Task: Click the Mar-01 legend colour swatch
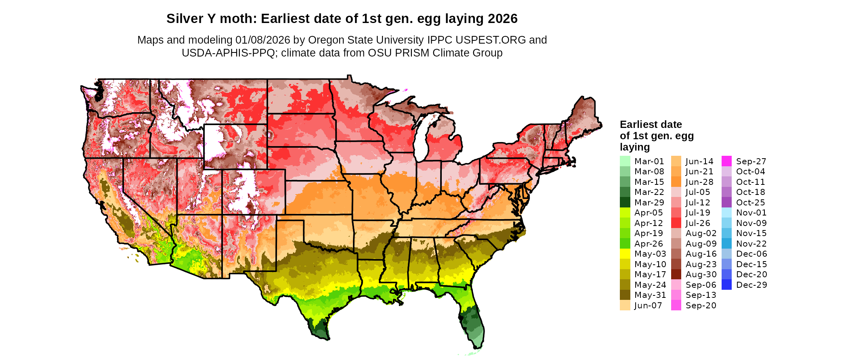point(625,161)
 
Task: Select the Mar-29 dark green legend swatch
point(625,202)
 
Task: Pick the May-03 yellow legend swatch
point(625,254)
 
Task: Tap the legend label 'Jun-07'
point(648,306)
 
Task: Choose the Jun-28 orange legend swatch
point(676,182)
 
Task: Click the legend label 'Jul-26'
point(698,223)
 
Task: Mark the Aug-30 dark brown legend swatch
point(676,274)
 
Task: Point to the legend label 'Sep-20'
point(701,306)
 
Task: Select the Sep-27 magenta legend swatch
point(726,161)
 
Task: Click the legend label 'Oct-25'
point(750,203)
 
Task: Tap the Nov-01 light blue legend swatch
point(726,213)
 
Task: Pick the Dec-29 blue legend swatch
point(726,285)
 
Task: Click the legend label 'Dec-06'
point(751,254)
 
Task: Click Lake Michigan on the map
point(420,141)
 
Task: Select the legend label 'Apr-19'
point(649,233)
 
